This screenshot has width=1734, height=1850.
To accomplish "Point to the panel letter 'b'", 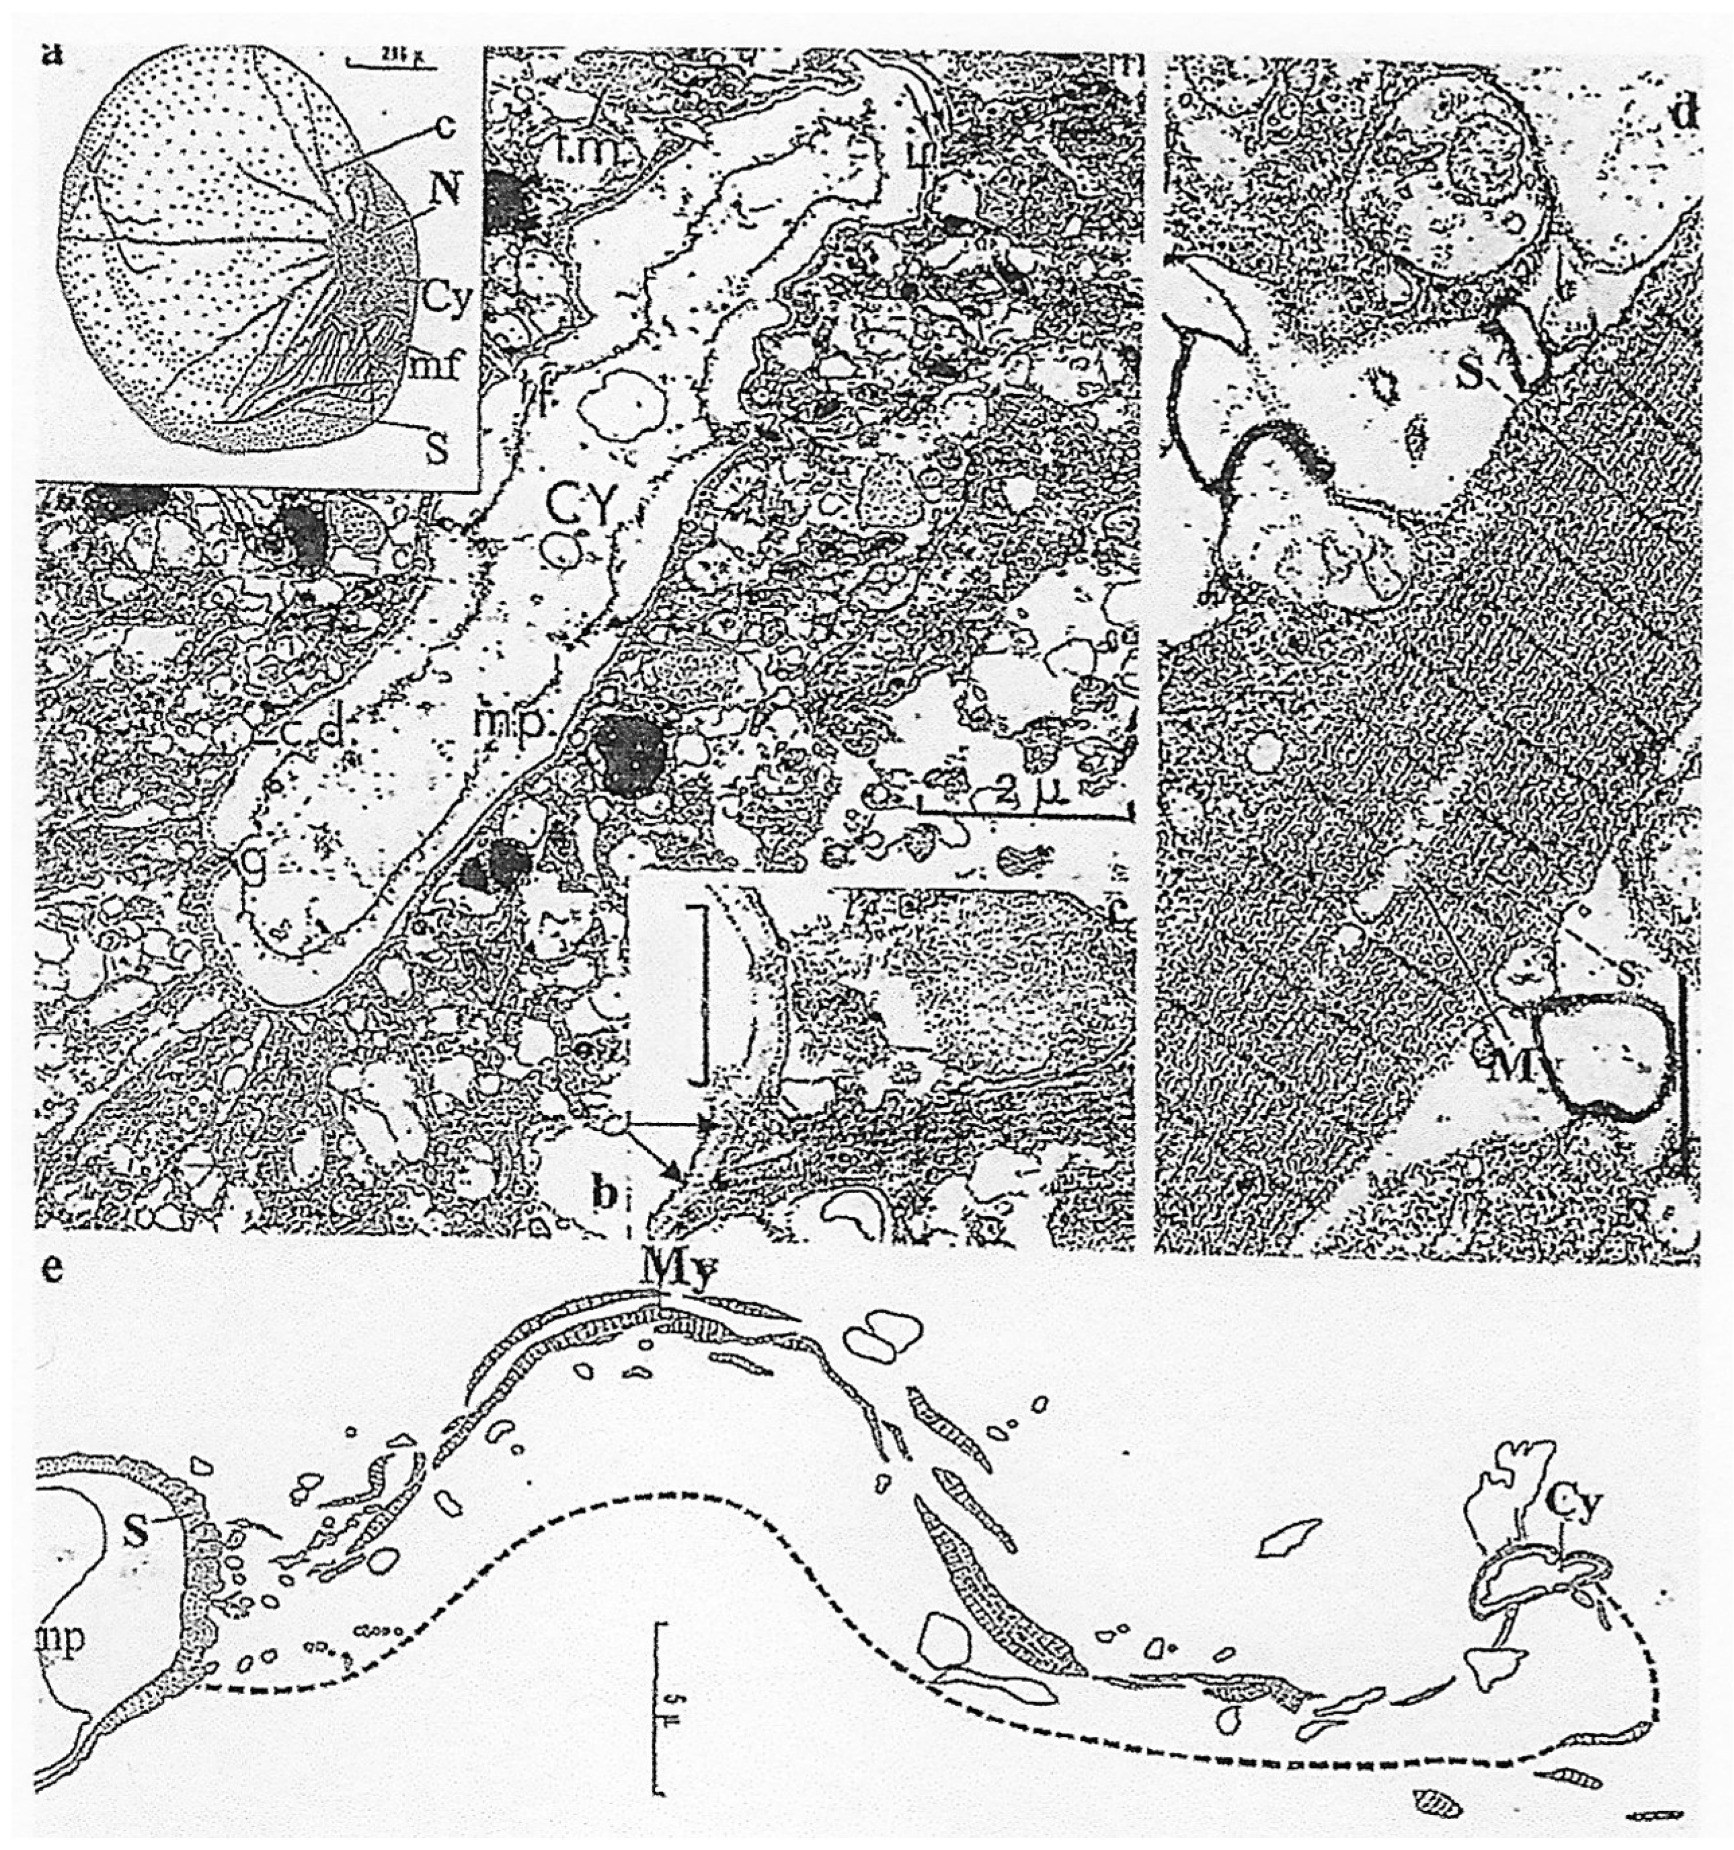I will pyautogui.click(x=606, y=1196).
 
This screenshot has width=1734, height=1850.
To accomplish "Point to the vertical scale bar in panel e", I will pyautogui.click(x=660, y=1685).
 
